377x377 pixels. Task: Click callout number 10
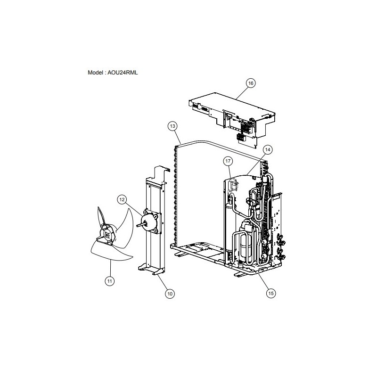(170, 294)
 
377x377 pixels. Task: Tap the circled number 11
(110, 281)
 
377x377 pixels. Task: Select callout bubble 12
(122, 199)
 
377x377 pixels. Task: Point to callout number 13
(172, 126)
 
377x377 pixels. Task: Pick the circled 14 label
(268, 150)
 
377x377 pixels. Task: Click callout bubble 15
(270, 293)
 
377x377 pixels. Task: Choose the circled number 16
(251, 83)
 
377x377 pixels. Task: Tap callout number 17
(228, 161)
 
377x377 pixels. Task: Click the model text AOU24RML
(123, 73)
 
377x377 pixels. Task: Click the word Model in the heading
(95, 73)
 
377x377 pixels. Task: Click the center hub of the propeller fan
(107, 236)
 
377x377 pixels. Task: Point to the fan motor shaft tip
(137, 226)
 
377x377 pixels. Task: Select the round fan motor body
(147, 221)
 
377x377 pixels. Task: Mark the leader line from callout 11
(110, 268)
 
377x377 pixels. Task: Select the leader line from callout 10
(162, 282)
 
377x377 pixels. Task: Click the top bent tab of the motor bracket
(160, 168)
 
